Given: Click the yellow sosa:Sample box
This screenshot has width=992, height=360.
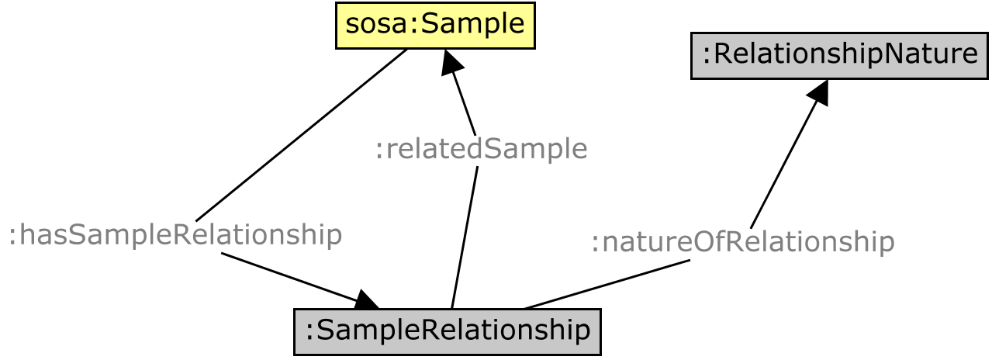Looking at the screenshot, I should click(435, 26).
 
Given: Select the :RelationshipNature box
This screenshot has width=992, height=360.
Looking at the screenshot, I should click(839, 55).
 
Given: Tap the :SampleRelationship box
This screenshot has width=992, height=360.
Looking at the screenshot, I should click(448, 331).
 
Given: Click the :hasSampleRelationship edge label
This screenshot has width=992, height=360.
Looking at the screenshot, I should click(175, 234).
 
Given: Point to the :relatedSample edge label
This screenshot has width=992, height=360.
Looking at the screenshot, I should click(481, 148).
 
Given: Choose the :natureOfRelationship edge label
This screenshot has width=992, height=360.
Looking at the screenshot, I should click(742, 242).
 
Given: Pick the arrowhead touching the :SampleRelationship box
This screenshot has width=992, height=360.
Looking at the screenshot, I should click(367, 299).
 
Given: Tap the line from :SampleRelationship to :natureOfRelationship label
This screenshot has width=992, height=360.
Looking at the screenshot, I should click(605, 285).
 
